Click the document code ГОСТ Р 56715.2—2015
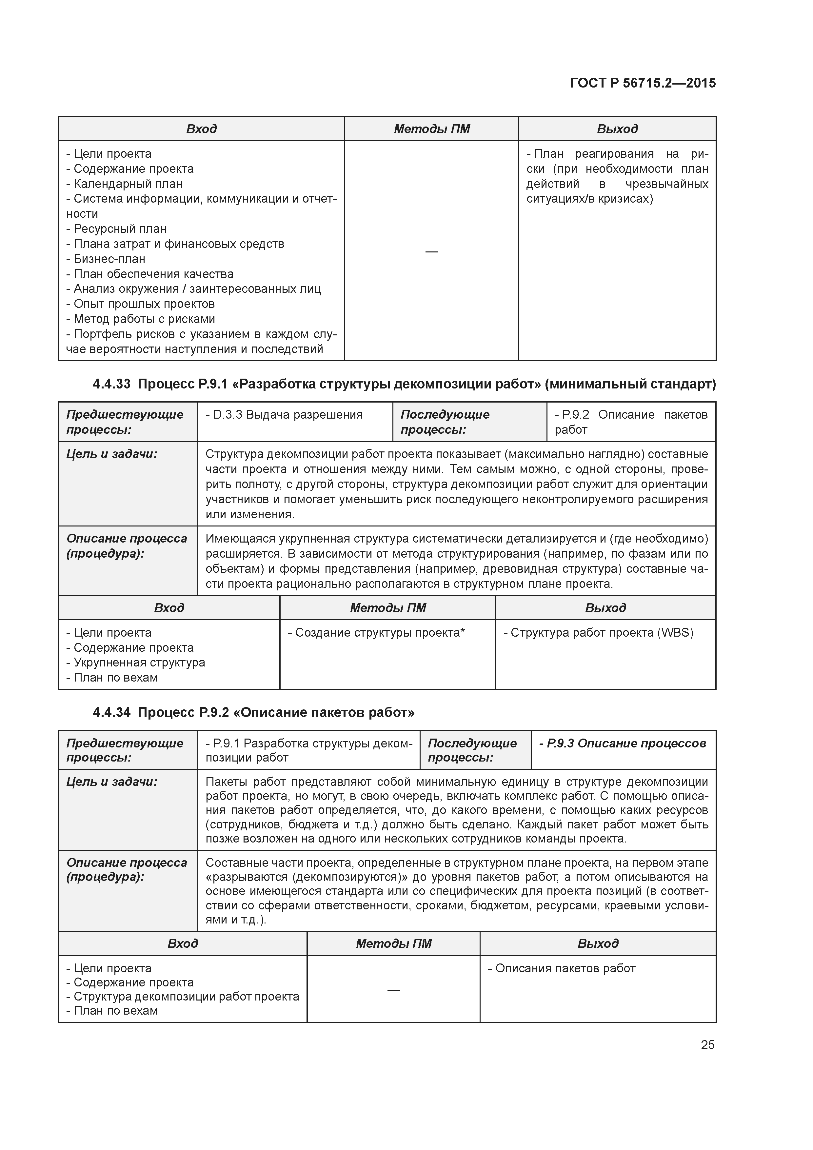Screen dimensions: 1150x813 point(643,83)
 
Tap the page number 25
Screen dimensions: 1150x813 point(707,1045)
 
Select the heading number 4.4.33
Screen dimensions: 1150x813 point(111,384)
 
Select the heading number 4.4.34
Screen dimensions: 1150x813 point(111,712)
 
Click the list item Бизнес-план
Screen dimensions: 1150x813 point(109,259)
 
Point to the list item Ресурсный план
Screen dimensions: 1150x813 point(120,229)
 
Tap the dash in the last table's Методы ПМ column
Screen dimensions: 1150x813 point(393,990)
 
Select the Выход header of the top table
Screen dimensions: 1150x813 point(617,129)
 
